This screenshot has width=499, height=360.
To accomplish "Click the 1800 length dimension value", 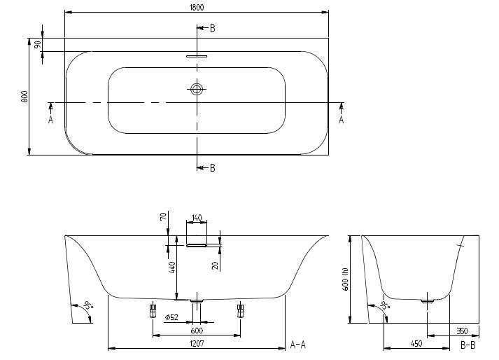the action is click(197, 7).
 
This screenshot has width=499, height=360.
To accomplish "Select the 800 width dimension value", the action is click(24, 97).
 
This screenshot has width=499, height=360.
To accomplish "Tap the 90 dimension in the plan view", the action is click(38, 45).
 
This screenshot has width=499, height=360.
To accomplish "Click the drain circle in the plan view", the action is click(197, 89).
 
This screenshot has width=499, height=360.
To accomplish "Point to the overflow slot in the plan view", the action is click(197, 56).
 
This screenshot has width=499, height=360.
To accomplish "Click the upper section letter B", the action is click(213, 28).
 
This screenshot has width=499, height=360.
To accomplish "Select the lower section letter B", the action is click(213, 168).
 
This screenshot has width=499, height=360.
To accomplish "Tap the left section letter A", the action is click(50, 120).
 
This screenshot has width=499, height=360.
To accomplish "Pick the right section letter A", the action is click(341, 120).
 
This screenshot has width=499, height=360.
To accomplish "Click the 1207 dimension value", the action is click(197, 344).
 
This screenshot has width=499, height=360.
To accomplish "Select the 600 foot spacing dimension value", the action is click(197, 331).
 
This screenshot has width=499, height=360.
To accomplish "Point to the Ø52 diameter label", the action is click(171, 317).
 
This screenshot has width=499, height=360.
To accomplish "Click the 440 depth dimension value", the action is click(172, 268).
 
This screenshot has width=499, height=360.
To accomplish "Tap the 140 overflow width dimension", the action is click(197, 218).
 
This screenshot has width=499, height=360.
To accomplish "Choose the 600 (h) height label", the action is click(346, 279).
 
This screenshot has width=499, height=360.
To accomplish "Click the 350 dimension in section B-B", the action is click(462, 331).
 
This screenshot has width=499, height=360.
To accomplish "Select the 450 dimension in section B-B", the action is click(416, 343).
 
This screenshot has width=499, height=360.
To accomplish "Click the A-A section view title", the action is click(298, 345).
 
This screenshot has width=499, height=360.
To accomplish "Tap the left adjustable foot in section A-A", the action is click(153, 310).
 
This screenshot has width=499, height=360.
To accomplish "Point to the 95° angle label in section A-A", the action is click(88, 305).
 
